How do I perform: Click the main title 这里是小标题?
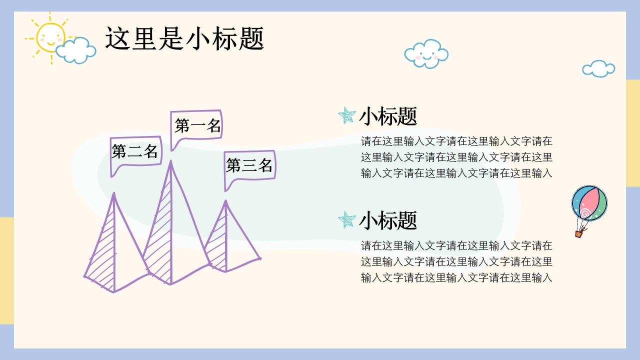(184, 39)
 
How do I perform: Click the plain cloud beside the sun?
(76, 50)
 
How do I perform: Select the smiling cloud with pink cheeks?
(426, 53)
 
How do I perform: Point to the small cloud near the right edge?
(598, 69)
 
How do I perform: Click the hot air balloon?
(589, 203)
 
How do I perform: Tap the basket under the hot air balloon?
(579, 233)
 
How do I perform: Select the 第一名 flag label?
(197, 125)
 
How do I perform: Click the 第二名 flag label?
(135, 151)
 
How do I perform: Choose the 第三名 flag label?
(249, 165)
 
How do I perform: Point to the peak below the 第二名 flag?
(114, 193)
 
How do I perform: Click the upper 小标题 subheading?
(388, 116)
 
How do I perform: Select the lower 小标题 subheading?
(388, 220)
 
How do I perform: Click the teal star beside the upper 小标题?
(346, 115)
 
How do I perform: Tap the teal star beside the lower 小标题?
(346, 219)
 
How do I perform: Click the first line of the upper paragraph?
(456, 141)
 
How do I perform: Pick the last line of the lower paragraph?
(456, 277)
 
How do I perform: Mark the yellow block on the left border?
(6, 270)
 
